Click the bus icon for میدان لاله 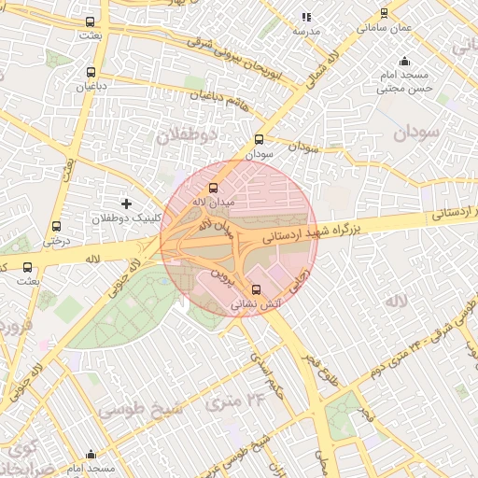coord(214,188)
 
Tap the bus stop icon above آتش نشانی coord(257,288)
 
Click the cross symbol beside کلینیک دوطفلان coord(127,203)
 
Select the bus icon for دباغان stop coord(91,71)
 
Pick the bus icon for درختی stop coord(57,226)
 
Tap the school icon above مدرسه coord(306,17)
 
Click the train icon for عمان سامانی coord(385,14)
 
